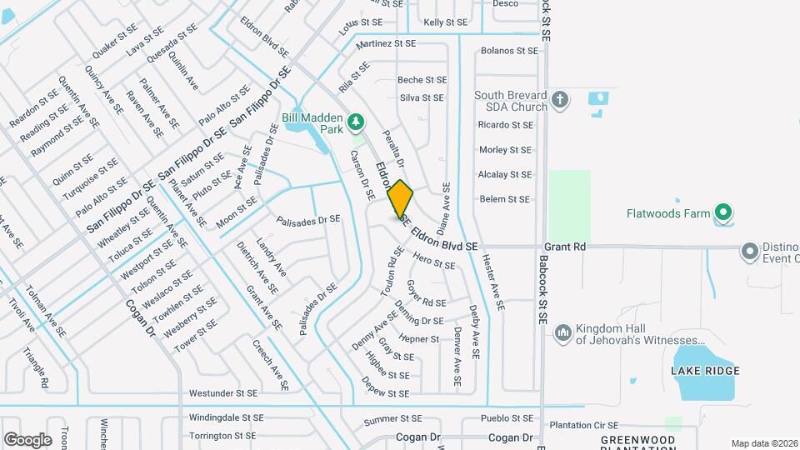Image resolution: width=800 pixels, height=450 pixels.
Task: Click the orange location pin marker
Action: click(400, 199)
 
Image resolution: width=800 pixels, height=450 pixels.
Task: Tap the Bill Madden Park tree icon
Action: click(357, 123)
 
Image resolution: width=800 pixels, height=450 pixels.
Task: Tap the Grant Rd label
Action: click(565, 247)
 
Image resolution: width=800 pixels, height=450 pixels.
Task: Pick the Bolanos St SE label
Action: click(509, 51)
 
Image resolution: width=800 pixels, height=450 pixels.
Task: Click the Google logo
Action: click(27, 439)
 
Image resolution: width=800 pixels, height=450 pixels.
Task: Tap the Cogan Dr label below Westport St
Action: click(141, 317)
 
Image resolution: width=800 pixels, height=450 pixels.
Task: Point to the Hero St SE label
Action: click(434, 263)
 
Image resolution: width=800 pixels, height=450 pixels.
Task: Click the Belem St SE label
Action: click(504, 199)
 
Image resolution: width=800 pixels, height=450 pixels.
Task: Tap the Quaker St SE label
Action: click(115, 44)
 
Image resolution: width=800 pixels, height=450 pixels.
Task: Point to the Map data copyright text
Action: click(764, 443)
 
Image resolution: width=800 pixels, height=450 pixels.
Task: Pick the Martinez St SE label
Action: click(385, 42)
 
